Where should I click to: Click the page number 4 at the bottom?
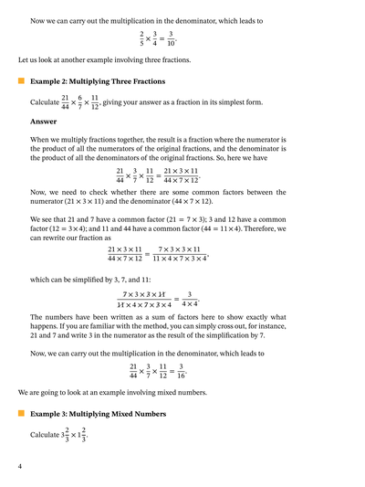coord(20,467)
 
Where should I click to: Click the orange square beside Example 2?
coord(21,81)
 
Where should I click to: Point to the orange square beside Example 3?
coord(21,414)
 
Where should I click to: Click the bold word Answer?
coord(44,121)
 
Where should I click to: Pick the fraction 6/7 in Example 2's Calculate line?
coord(79,101)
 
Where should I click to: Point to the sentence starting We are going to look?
coord(111,393)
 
